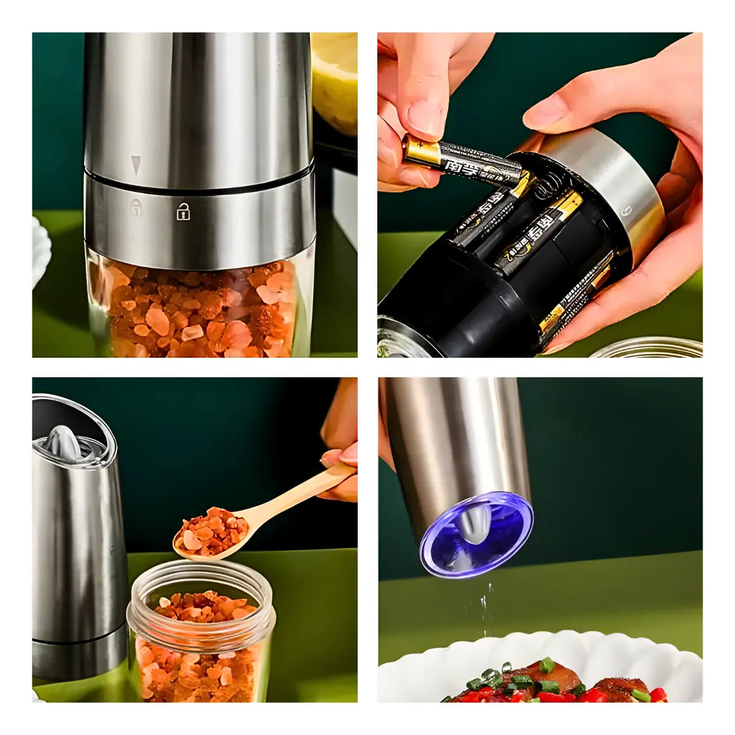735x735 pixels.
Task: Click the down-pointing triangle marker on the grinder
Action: [135, 164]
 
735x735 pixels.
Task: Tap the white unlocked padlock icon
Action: [183, 212]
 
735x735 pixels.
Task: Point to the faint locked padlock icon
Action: [135, 207]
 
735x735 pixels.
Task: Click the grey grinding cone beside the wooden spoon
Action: [66, 441]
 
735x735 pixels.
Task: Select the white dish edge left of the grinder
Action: [41, 251]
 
